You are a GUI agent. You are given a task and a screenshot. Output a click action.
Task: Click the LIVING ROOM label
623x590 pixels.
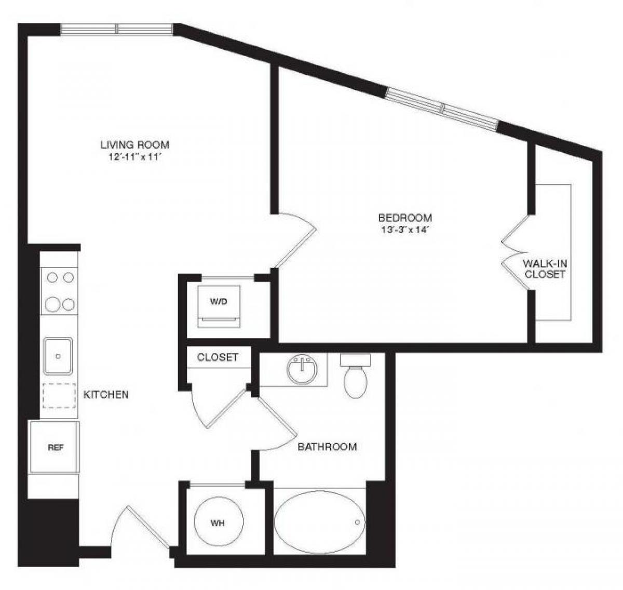tap(135, 145)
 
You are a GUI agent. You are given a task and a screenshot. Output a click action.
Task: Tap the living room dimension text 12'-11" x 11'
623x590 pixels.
tap(135, 156)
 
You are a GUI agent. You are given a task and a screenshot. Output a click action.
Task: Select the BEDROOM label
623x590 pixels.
tap(405, 218)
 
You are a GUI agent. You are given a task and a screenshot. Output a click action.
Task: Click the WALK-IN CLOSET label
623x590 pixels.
tap(545, 269)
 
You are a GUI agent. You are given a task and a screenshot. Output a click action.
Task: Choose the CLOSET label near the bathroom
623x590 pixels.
tap(218, 357)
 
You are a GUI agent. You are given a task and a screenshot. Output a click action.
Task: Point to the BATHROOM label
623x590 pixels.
tap(327, 447)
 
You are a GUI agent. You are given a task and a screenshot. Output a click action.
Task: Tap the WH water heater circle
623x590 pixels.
tap(218, 522)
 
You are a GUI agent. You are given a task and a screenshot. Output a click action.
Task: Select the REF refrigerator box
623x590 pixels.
tap(55, 447)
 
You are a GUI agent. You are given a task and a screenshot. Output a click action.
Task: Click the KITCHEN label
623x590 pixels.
tap(106, 395)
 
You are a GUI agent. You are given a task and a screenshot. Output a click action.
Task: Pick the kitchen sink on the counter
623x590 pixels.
tap(58, 356)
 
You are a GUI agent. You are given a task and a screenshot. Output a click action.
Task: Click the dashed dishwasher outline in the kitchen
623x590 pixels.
tap(59, 395)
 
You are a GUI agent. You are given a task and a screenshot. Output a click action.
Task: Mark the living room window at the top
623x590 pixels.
tap(117, 29)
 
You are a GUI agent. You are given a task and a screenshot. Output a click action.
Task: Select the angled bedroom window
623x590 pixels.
tap(442, 108)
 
